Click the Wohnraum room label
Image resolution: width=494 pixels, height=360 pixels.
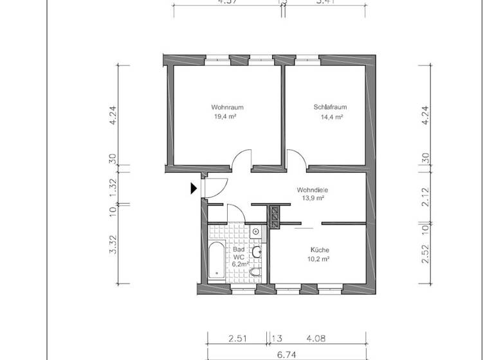pyautogui.click(x=227, y=107)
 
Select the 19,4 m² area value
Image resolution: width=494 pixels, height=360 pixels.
pyautogui.click(x=227, y=117)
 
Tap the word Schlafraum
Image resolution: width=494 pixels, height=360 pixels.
pyautogui.click(x=331, y=107)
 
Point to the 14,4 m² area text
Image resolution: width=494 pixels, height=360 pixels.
pyautogui.click(x=331, y=117)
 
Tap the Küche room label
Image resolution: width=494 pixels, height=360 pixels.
pyautogui.click(x=319, y=250)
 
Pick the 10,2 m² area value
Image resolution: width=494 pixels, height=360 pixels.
pyautogui.click(x=319, y=259)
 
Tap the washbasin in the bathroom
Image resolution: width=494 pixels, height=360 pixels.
pyautogui.click(x=257, y=252)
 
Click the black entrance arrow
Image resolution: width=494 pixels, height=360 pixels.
pyautogui.click(x=194, y=188)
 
